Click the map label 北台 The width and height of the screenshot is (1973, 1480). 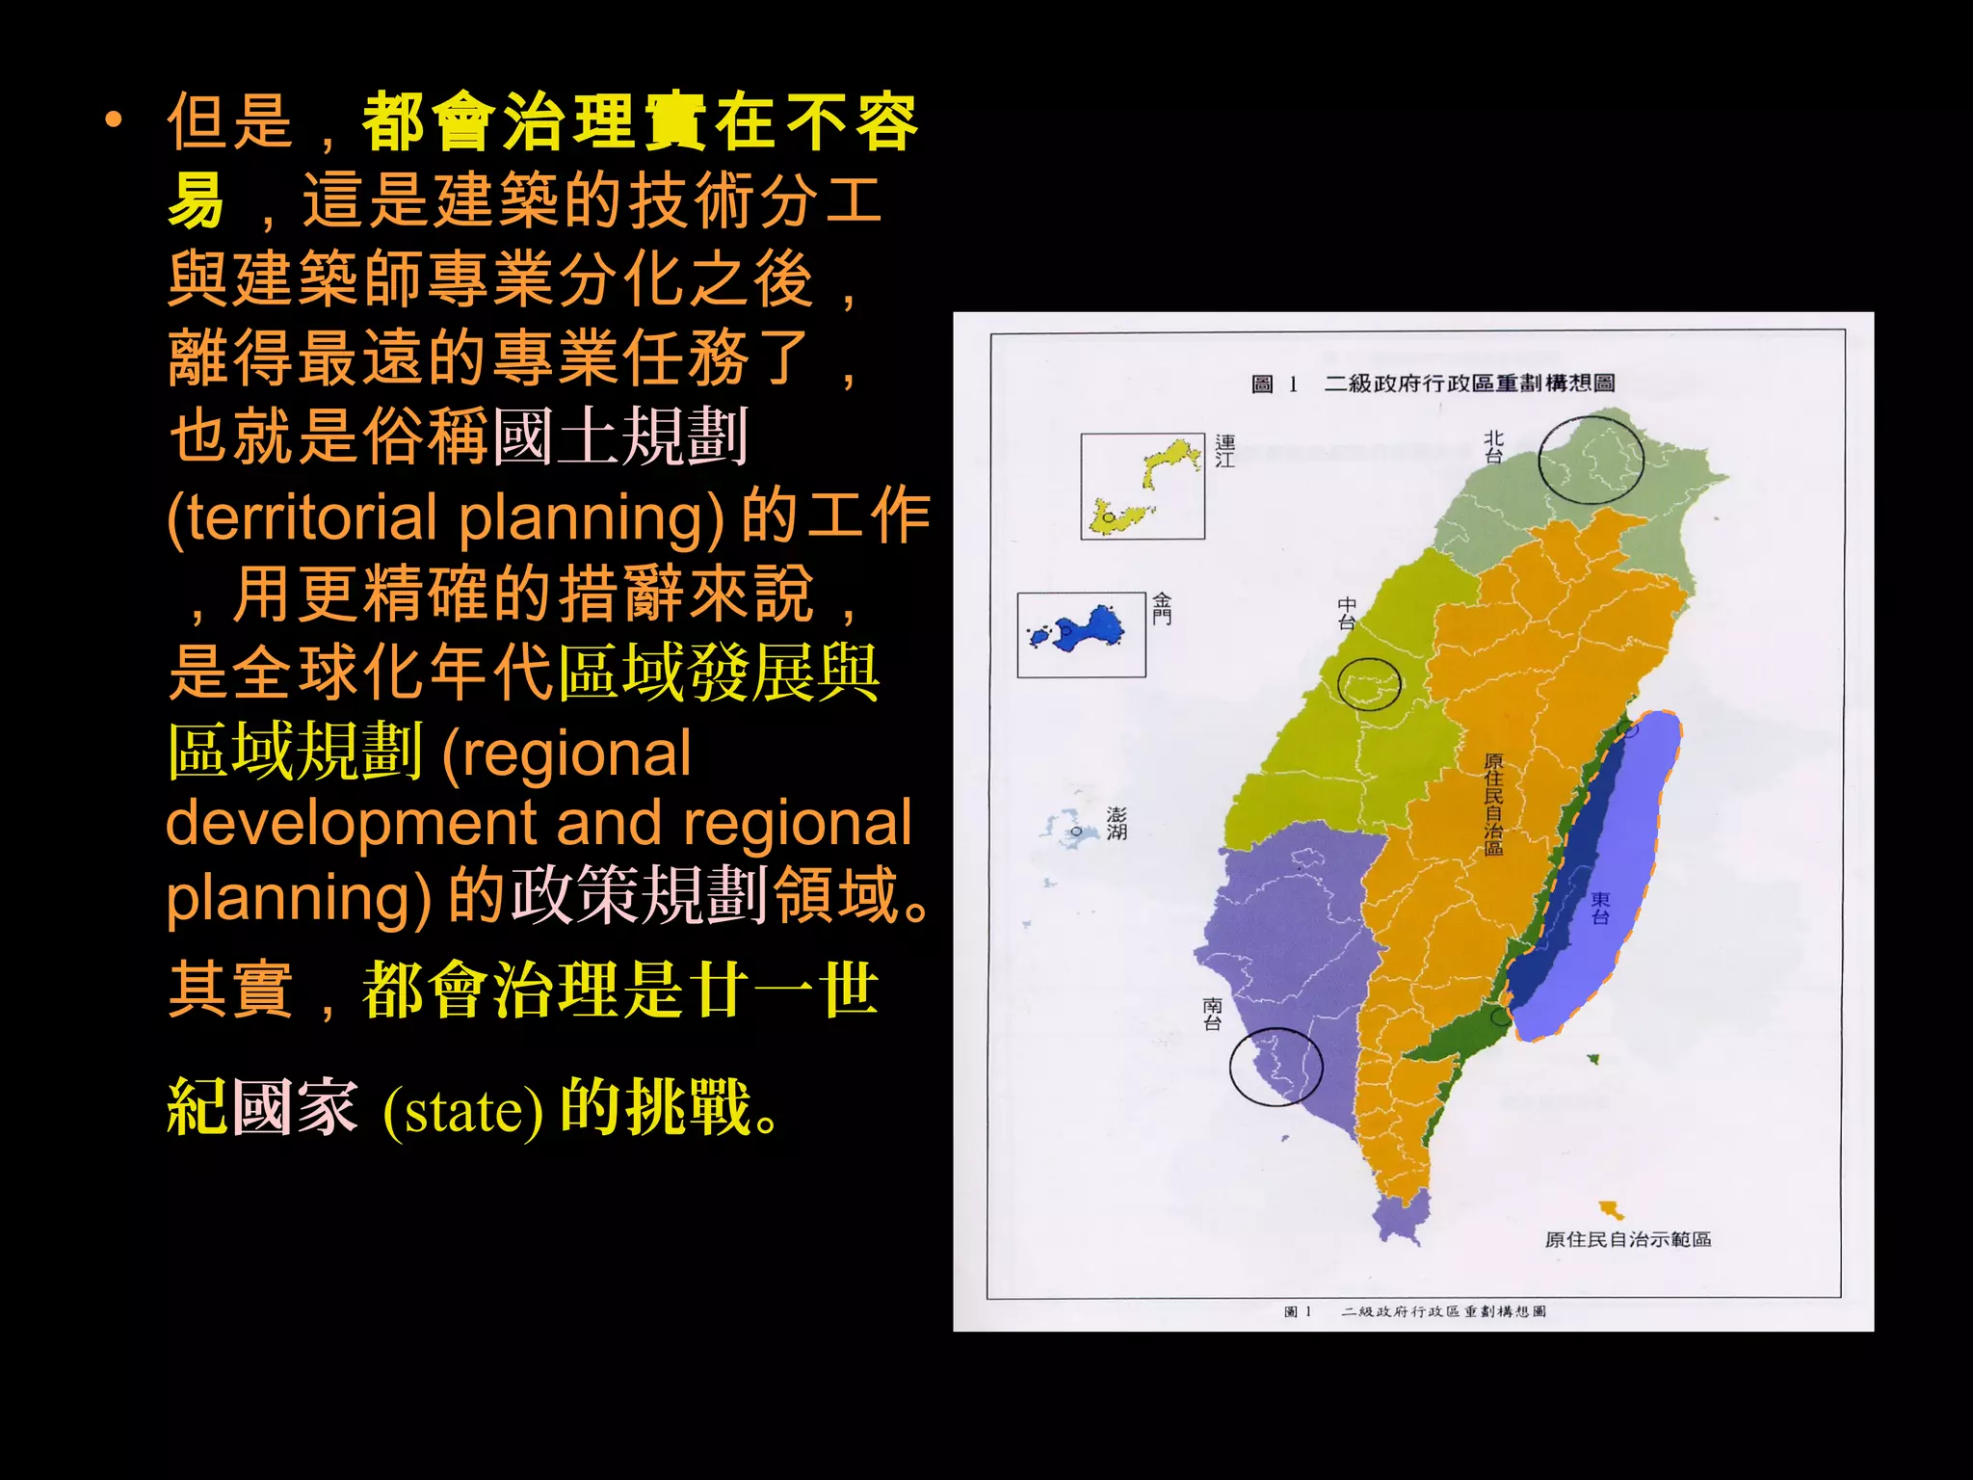click(x=1493, y=447)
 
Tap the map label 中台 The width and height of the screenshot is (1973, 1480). click(x=1347, y=614)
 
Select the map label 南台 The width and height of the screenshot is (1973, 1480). click(x=1212, y=1015)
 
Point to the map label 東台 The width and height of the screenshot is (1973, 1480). click(x=1600, y=908)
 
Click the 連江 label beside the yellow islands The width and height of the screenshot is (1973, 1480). click(x=1224, y=451)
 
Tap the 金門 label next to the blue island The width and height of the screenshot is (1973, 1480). click(x=1162, y=609)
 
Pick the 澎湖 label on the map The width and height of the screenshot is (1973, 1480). click(x=1117, y=824)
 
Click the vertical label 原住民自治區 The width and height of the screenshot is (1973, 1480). click(x=1493, y=805)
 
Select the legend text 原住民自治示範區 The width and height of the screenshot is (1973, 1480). click(x=1628, y=1240)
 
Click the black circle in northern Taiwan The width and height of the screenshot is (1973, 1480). click(x=1591, y=461)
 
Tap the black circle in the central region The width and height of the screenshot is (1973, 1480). click(x=1369, y=684)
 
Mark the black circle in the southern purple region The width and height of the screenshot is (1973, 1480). click(x=1276, y=1066)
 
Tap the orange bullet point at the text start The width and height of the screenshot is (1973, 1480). click(x=114, y=120)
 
